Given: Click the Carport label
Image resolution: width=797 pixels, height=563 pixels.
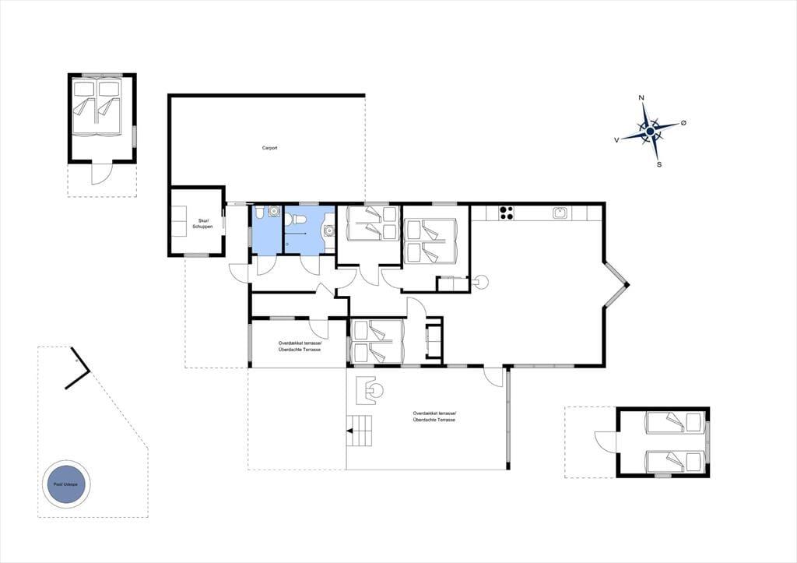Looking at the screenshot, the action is [269, 148].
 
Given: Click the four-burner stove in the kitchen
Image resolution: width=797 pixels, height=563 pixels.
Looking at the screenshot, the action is [506, 213].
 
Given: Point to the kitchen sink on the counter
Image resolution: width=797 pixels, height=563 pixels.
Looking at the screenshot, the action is [560, 213].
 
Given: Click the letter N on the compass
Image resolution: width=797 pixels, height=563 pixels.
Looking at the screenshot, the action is [641, 97].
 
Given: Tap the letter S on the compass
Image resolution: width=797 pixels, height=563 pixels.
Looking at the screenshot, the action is [659, 164].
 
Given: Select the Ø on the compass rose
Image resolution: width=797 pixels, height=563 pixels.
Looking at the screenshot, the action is [683, 122].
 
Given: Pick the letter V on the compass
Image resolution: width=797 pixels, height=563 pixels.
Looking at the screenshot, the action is [616, 139].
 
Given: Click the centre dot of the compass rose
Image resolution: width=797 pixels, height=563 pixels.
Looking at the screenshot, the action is [650, 132].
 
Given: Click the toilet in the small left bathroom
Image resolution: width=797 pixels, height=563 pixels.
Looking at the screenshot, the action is [259, 211].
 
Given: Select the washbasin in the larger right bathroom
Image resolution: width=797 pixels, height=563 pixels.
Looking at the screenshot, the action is [329, 231].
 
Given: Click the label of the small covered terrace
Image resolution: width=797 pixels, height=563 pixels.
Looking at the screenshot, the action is [300, 347].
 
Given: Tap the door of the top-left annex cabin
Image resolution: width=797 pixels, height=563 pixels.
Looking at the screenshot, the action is [100, 173].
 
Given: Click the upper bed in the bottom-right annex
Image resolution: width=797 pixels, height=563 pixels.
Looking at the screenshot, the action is [674, 422].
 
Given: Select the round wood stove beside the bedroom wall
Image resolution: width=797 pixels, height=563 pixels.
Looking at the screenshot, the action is [480, 281].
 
